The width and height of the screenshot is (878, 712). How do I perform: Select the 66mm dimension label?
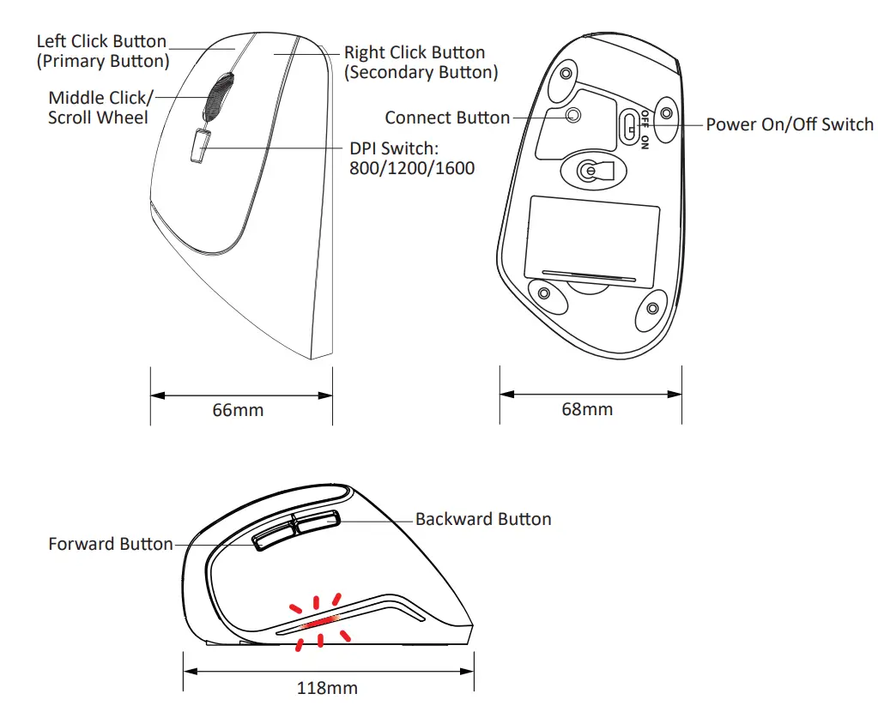238,410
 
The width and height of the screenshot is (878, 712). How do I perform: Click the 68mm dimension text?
587,409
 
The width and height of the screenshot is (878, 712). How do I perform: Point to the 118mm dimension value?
326,688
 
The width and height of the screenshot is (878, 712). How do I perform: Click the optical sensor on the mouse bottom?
588,172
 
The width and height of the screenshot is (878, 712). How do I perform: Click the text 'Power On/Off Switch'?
789,124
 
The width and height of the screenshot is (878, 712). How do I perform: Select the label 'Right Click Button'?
415,52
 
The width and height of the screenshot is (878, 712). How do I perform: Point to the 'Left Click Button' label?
101,41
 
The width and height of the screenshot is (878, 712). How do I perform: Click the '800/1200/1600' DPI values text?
411,168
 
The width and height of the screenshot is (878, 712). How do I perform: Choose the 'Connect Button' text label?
447,118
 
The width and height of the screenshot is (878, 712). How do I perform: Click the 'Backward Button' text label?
482,519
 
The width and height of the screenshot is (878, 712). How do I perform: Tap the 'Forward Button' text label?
111,544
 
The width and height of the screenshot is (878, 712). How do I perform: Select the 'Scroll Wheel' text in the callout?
98,118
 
